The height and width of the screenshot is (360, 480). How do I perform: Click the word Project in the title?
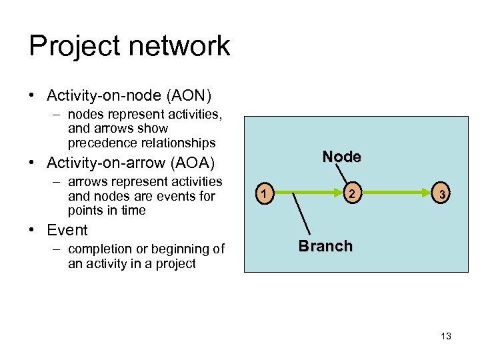[72, 47]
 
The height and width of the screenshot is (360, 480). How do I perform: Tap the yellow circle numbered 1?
[265, 195]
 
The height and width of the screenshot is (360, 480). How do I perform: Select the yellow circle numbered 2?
[352, 195]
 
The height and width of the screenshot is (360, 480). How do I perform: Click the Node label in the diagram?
[341, 157]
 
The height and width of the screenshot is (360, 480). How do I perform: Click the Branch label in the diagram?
[325, 246]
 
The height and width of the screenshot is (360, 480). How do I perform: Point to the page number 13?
[446, 336]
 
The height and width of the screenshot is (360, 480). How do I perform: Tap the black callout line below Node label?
[345, 175]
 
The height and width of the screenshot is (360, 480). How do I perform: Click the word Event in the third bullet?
[67, 231]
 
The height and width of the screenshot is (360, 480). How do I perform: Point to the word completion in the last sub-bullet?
[100, 249]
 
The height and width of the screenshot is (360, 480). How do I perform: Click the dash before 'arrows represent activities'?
[58, 182]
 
